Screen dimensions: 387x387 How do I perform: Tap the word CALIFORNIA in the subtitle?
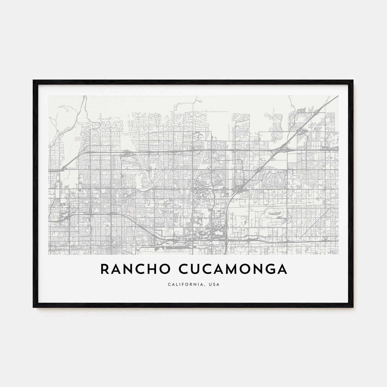pyautogui.click(x=181, y=284)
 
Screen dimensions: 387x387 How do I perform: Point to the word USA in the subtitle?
pyautogui.click(x=214, y=284)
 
